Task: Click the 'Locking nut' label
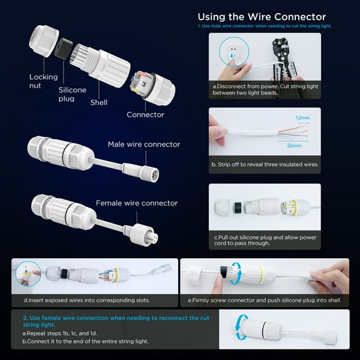point(44,81)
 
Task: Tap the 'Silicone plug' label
point(72,94)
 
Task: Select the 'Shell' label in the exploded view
point(99,102)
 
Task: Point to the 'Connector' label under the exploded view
point(145,115)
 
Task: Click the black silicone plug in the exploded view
point(64,49)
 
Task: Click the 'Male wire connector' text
point(144,145)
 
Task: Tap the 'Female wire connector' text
point(137,203)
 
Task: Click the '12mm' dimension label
point(302,118)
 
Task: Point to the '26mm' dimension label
point(294,145)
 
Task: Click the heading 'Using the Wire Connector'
point(262,16)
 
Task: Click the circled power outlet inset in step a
point(234,52)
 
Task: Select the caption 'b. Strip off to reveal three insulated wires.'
point(265,164)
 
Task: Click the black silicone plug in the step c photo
point(238,208)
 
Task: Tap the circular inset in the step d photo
point(28,274)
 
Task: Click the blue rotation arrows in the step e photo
point(236,274)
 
